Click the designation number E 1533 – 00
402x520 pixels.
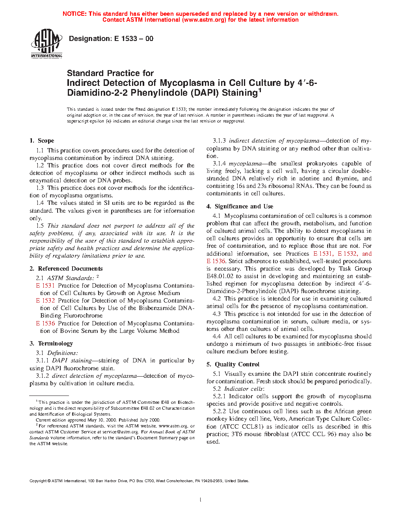[134, 39]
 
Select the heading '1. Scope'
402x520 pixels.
[42, 141]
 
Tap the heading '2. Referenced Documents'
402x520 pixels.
[66, 269]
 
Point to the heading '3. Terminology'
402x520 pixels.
[51, 344]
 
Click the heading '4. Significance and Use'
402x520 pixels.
[240, 206]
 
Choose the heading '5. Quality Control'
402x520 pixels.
[233, 364]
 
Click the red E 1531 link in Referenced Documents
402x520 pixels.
[45, 286]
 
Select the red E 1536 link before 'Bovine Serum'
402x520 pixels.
[45, 323]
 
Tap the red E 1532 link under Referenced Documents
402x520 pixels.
[45, 301]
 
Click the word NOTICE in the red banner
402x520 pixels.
[74, 14]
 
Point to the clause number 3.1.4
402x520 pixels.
[219, 163]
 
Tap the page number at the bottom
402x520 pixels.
[201, 500]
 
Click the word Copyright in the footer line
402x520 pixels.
[38, 481]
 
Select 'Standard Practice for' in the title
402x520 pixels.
[110, 73]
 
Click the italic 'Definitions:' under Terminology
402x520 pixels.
[63, 353]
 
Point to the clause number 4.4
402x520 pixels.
[217, 336]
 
